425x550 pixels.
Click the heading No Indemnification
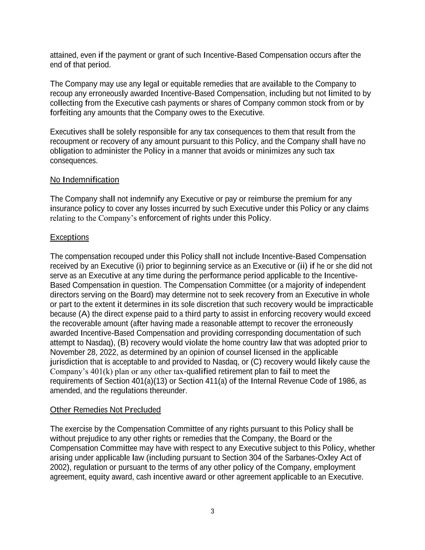[84, 180]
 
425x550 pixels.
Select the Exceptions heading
[69, 237]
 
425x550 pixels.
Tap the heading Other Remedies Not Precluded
[105, 410]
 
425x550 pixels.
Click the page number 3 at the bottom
[212, 511]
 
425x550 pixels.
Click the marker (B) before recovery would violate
[122, 343]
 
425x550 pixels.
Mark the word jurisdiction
[67, 362]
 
